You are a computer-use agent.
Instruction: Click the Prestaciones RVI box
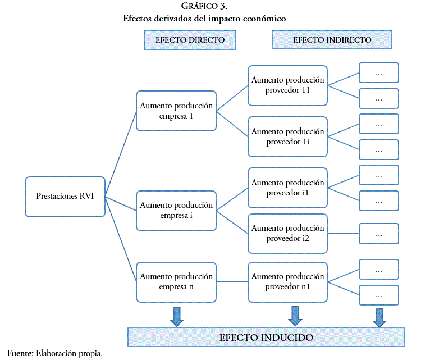click(x=65, y=197)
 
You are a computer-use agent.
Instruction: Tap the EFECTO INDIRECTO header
click(x=332, y=40)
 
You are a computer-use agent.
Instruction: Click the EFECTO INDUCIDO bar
click(x=266, y=338)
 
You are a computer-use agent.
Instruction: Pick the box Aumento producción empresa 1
click(x=176, y=111)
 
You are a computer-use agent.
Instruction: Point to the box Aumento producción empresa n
click(x=176, y=281)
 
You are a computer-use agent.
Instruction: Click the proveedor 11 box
click(x=287, y=85)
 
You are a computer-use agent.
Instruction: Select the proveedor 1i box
click(x=287, y=136)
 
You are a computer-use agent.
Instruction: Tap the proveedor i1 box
click(x=287, y=188)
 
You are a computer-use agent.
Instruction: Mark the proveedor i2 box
click(x=287, y=233)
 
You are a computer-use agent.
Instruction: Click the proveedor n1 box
click(x=287, y=281)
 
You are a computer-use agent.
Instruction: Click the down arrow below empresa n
click(x=177, y=316)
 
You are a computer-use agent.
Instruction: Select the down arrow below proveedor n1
click(x=294, y=316)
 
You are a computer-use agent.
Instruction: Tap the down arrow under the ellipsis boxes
click(x=379, y=316)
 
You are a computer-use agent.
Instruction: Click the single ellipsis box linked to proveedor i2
click(x=378, y=233)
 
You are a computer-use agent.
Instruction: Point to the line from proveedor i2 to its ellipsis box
click(x=343, y=233)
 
